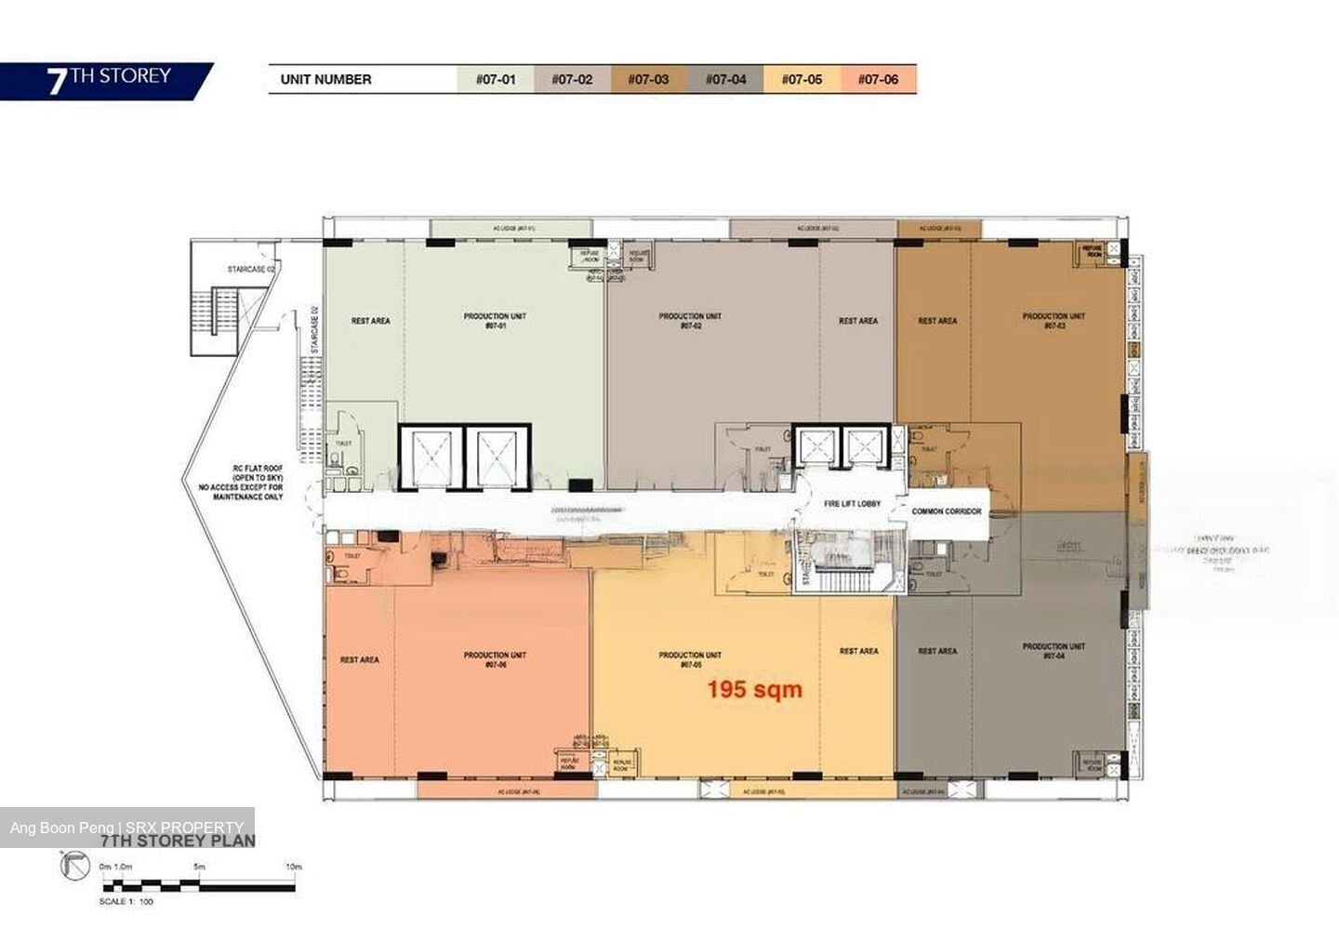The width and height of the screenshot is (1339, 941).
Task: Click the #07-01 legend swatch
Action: [495, 79]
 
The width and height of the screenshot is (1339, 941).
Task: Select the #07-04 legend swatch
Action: [725, 79]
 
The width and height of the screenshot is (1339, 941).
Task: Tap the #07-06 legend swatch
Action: [878, 79]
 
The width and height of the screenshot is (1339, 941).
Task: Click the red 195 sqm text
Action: [754, 689]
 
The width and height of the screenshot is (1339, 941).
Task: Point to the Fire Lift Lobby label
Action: [853, 504]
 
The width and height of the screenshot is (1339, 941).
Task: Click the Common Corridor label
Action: [947, 511]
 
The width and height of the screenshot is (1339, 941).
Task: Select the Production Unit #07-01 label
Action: [495, 321]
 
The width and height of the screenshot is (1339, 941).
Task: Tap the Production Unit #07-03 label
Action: [1054, 321]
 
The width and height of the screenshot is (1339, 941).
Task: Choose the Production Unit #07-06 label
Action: [495, 659]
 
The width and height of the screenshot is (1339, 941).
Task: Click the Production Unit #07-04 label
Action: [1054, 651]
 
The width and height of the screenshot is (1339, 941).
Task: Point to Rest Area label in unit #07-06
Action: [359, 660]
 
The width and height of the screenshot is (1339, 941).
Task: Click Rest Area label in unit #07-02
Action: [857, 321]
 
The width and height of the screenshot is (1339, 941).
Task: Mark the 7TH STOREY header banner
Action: [108, 80]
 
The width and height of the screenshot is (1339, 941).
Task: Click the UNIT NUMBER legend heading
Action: [325, 80]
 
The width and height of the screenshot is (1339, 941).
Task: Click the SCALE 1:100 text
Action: [126, 901]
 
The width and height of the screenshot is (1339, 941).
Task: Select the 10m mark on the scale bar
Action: [294, 867]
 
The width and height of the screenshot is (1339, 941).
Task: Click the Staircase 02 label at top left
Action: [251, 270]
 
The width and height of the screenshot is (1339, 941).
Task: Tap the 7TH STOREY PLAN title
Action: [177, 841]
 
